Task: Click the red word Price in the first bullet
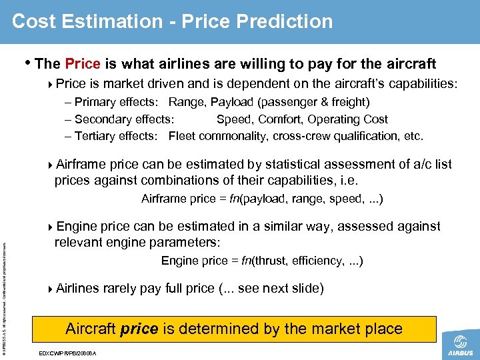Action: click(x=83, y=64)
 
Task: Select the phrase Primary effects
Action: click(x=115, y=102)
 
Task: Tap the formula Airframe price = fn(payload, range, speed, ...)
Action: click(x=262, y=199)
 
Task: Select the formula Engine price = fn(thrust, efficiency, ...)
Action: click(x=262, y=261)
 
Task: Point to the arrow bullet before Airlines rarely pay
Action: click(x=52, y=289)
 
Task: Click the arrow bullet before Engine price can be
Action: click(x=52, y=227)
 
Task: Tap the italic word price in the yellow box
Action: click(x=139, y=329)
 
